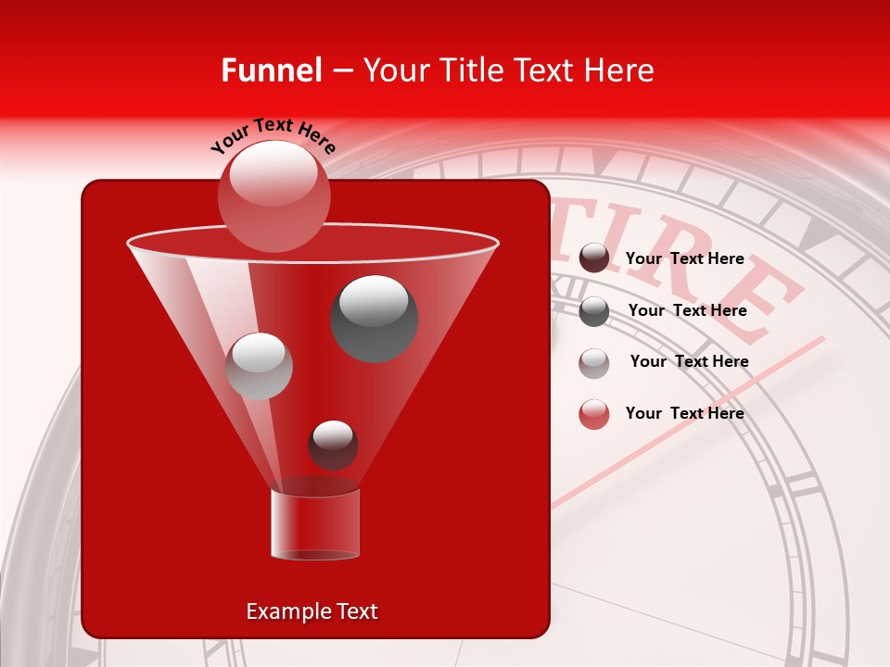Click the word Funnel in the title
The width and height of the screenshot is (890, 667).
271,70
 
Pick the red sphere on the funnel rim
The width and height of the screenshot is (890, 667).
273,195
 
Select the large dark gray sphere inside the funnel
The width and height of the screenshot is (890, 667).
375,318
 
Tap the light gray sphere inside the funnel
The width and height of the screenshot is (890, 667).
260,366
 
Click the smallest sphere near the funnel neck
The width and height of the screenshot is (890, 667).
334,446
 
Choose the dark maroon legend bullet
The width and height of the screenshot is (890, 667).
594,258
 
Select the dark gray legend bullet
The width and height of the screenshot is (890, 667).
594,311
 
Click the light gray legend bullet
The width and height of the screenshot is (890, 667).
594,362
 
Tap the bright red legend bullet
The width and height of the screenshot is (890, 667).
594,414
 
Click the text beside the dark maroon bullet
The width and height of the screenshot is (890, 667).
684,258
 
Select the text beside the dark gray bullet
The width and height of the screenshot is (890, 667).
687,310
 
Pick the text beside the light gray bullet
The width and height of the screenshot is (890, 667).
689,361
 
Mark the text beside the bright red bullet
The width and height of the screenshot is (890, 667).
684,413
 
